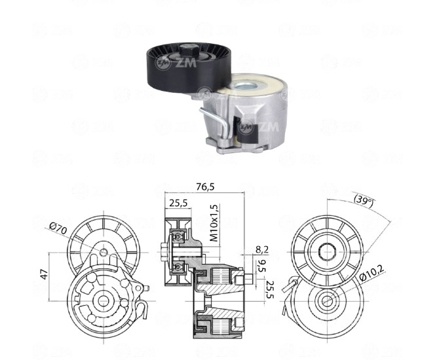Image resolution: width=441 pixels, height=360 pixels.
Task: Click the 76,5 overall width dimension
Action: (205, 187)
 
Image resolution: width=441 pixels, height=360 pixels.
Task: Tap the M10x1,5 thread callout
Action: (214, 223)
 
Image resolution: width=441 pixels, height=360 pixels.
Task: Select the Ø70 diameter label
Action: (58, 228)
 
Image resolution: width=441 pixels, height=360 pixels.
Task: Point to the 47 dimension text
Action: (45, 274)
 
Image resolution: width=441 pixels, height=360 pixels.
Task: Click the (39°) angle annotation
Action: (364, 200)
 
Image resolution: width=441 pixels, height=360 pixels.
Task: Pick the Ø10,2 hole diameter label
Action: (372, 272)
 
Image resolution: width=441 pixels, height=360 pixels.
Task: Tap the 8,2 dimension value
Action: (262, 249)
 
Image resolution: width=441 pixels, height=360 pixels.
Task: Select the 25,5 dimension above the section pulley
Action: (178, 203)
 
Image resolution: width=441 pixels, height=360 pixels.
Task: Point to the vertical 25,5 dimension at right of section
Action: (270, 290)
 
